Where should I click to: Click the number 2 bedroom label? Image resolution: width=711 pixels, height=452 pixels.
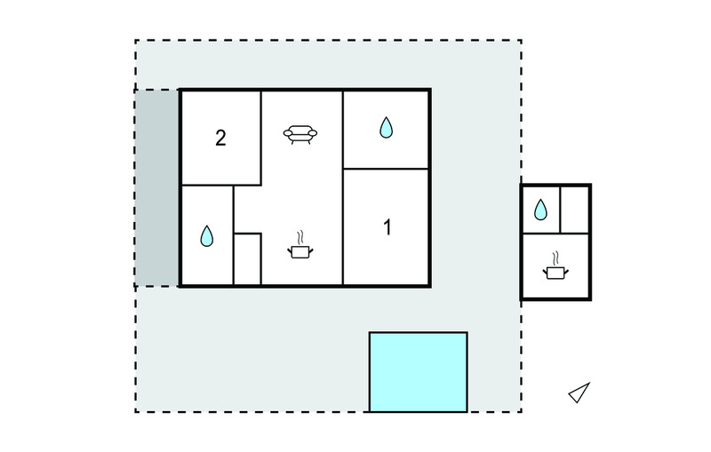(220, 139)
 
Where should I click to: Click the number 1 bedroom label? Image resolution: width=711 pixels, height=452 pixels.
(387, 227)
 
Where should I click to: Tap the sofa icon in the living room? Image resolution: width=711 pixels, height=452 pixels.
(300, 134)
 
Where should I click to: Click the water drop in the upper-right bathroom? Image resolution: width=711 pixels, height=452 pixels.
(386, 127)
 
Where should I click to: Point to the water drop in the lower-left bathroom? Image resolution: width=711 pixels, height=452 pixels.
(207, 236)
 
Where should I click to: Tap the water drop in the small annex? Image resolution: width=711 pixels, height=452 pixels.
(540, 210)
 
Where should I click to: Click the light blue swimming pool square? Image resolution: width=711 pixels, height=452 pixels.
(418, 372)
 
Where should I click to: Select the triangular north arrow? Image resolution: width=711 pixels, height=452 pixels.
(579, 393)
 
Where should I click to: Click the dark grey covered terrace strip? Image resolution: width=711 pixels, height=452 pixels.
(156, 188)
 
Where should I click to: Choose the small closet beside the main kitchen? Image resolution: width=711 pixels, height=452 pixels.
(247, 259)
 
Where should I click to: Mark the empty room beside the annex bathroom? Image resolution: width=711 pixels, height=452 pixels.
(575, 210)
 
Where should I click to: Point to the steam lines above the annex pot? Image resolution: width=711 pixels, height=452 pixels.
(555, 258)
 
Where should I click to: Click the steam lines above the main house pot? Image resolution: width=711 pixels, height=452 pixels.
(300, 238)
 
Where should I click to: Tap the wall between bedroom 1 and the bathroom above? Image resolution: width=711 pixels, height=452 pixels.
(386, 169)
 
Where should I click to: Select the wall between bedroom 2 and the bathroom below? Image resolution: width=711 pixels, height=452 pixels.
(220, 186)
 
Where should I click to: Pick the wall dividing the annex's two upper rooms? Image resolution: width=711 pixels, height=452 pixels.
(561, 210)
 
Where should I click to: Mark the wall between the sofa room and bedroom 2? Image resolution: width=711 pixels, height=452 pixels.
(260, 139)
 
